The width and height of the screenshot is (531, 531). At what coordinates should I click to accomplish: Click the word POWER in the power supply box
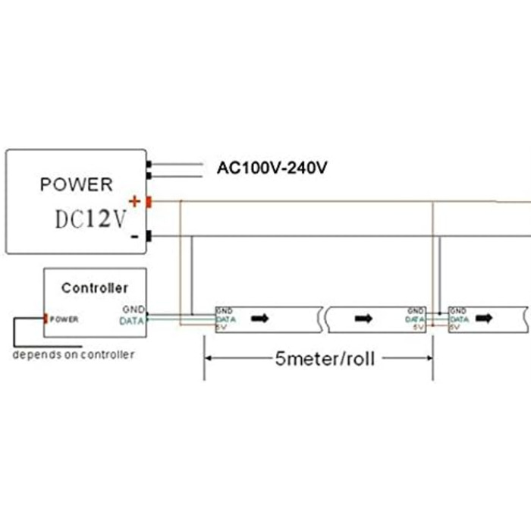pyautogui.click(x=76, y=184)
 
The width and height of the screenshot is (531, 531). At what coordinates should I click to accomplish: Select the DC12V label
pyautogui.click(x=90, y=219)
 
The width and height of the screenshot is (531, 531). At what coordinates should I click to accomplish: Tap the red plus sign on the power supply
pyautogui.click(x=135, y=201)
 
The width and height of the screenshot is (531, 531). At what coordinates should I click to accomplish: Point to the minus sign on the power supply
pyautogui.click(x=134, y=237)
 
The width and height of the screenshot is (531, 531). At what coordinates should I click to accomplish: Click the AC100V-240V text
pyautogui.click(x=272, y=168)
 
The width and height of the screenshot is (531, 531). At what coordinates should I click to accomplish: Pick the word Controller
pyautogui.click(x=95, y=288)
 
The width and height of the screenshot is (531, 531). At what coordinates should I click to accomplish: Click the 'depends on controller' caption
pyautogui.click(x=74, y=354)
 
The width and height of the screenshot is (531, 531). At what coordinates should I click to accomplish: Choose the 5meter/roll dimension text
pyautogui.click(x=324, y=358)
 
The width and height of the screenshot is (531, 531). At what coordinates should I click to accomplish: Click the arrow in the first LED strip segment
pyautogui.click(x=260, y=319)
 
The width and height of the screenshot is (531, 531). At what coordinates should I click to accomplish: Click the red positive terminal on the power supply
pyautogui.click(x=149, y=202)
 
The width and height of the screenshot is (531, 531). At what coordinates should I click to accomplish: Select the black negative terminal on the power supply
pyautogui.click(x=149, y=237)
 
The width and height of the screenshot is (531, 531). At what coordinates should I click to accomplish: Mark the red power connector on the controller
pyautogui.click(x=46, y=319)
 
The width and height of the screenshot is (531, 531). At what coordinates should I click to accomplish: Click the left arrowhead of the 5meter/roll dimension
pyautogui.click(x=208, y=358)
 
